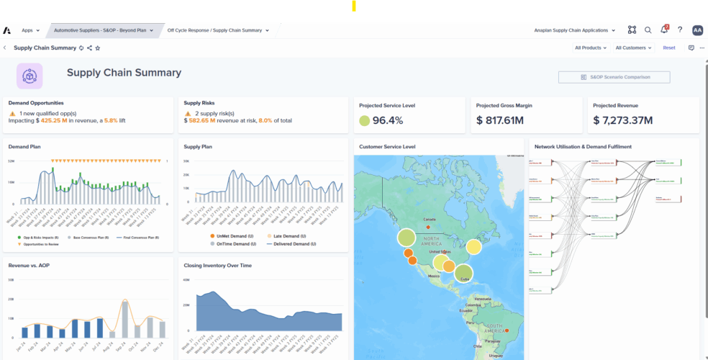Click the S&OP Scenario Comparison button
(614, 77)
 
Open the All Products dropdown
(590, 48)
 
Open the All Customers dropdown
(633, 48)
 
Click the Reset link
(669, 48)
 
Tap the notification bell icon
(664, 30)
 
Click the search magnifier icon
(648, 30)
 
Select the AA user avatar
(697, 30)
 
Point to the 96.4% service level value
(387, 120)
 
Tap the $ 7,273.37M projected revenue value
(622, 120)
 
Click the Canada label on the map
(429, 219)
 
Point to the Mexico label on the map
(433, 275)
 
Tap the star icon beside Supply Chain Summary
(98, 48)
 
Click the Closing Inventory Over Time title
(217, 265)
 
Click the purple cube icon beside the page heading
(29, 76)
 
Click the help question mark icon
(680, 30)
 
